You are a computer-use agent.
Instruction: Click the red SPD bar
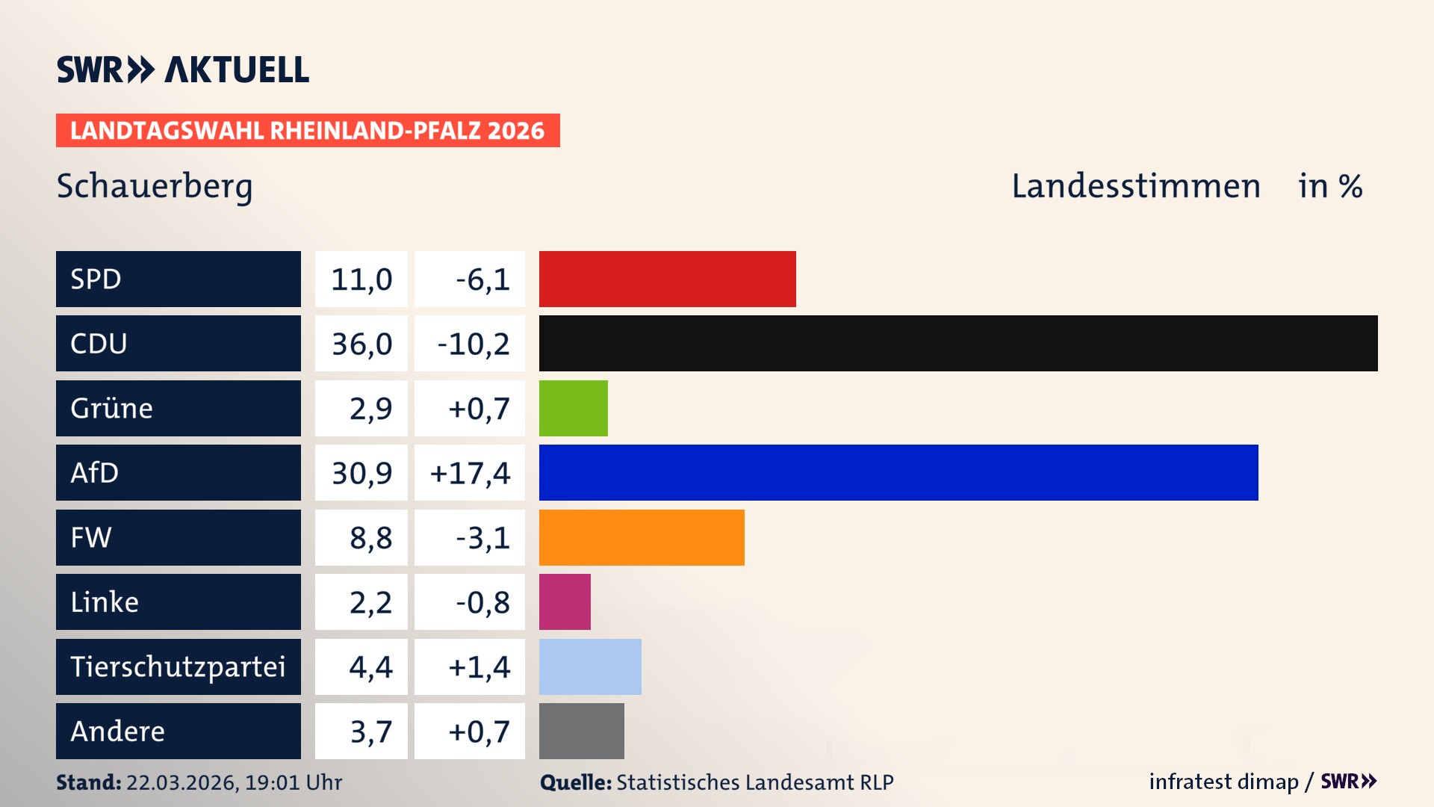[x=667, y=279]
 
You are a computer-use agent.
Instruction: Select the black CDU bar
[x=958, y=343]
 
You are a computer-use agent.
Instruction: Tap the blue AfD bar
[x=898, y=472]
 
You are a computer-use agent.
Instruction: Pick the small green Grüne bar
[x=573, y=408]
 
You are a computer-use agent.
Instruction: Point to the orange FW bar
[x=642, y=537]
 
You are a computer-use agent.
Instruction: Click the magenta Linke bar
[x=565, y=602]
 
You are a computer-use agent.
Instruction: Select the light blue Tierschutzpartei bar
[x=590, y=667]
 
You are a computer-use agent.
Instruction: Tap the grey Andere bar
[x=581, y=731]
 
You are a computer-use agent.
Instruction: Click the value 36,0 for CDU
[x=361, y=344]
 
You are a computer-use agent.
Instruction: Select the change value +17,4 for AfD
[x=470, y=473]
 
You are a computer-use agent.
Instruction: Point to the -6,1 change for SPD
[x=482, y=279]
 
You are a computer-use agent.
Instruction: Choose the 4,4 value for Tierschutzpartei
[x=370, y=667]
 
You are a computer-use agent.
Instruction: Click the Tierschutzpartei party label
[x=178, y=667]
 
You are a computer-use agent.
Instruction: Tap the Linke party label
[x=105, y=602]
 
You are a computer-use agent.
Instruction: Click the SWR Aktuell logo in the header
[x=183, y=69]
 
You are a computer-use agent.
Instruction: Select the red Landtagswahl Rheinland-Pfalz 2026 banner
[x=307, y=130]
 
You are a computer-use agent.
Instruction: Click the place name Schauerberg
[x=155, y=186]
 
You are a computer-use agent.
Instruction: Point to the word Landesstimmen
[x=1135, y=186]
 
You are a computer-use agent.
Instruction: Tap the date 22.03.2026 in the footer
[x=181, y=782]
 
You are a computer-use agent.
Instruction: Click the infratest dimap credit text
[x=1223, y=782]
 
